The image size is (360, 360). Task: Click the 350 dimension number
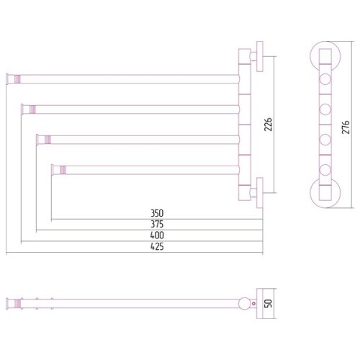coord(157,213)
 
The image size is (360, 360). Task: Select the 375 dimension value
coord(157,224)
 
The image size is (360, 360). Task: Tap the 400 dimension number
coord(157,235)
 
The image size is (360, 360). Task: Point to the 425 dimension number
coord(157,246)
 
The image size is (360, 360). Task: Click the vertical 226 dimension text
coord(269,125)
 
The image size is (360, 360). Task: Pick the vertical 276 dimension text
coord(346,127)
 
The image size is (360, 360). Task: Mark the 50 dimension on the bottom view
coord(269,303)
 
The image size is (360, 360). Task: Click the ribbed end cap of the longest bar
coord(17,79)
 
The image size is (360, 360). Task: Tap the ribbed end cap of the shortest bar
coord(63,170)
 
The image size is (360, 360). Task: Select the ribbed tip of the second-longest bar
coord(32,109)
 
